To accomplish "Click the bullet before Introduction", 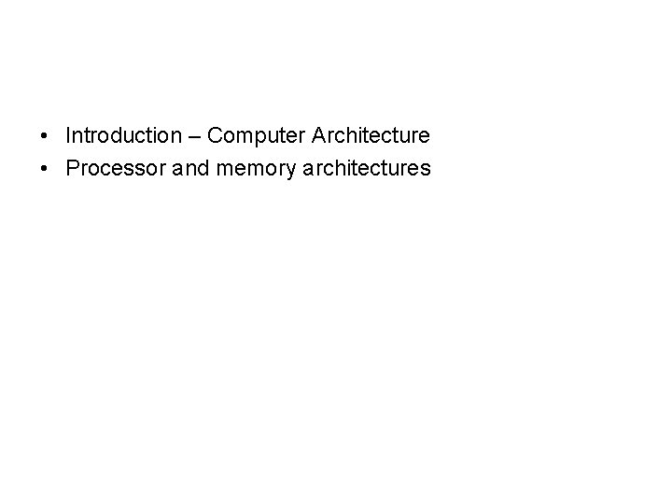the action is [45, 136].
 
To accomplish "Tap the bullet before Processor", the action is [45, 169].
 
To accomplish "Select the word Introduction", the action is [124, 136].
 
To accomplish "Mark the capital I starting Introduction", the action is [68, 136].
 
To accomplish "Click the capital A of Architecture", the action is [320, 136].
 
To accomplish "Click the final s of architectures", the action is [426, 170].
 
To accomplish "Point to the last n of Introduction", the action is [177, 137].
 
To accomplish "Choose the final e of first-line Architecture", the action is [425, 137].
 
